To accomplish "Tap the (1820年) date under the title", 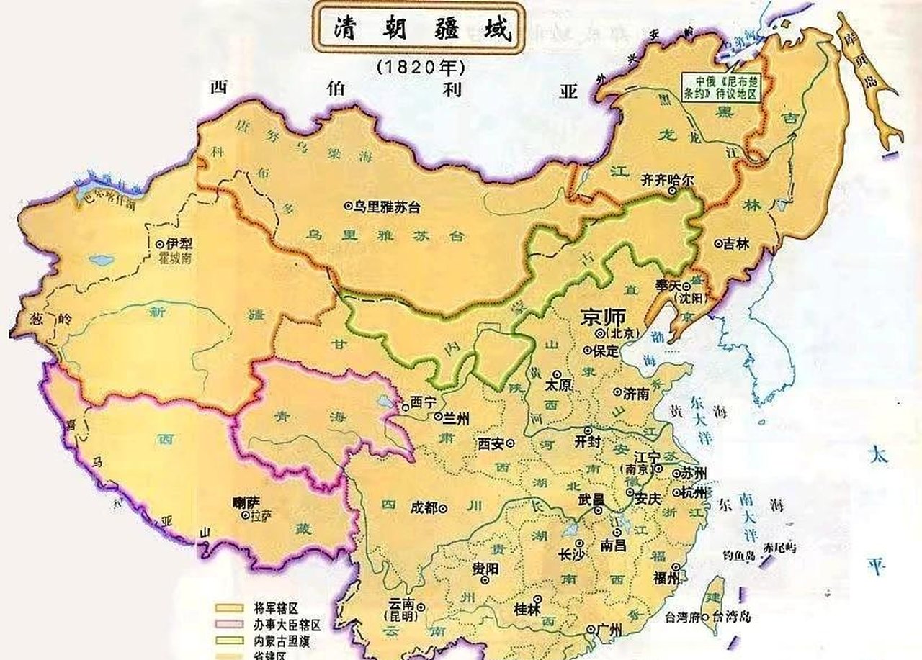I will [421, 66].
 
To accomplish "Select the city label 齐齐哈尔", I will [667, 182].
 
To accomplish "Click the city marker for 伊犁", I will [160, 244].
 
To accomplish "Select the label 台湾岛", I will [732, 616].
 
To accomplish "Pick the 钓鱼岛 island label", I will [738, 556].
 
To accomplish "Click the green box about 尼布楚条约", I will [720, 87].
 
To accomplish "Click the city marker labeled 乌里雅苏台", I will [349, 207].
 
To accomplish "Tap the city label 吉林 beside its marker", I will [738, 243].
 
